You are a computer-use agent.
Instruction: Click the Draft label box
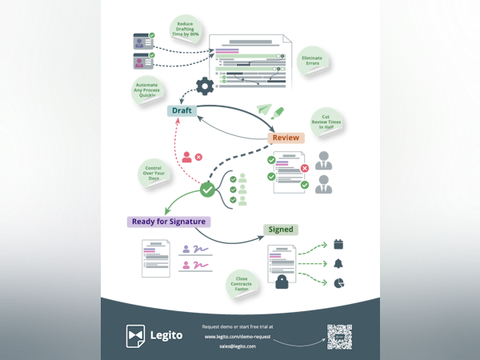pyautogui.click(x=182, y=110)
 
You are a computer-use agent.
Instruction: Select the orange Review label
pyautogui.click(x=286, y=138)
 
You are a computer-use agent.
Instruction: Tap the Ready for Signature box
pyautogui.click(x=168, y=222)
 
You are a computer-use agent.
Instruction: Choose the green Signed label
pyautogui.click(x=281, y=230)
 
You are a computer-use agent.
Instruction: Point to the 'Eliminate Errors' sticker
pyautogui.click(x=312, y=60)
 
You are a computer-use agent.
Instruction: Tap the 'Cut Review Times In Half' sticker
pyautogui.click(x=326, y=121)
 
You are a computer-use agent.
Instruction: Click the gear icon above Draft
pyautogui.click(x=206, y=86)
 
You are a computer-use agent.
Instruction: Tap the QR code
pyautogui.click(x=341, y=337)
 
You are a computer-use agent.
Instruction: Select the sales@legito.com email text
pyautogui.click(x=238, y=346)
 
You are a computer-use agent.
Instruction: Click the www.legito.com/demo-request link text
pyautogui.click(x=238, y=336)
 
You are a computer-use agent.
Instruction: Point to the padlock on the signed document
pyautogui.click(x=282, y=282)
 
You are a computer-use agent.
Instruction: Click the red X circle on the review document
pyautogui.click(x=305, y=168)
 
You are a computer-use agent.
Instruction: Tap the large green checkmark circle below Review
pyautogui.click(x=207, y=190)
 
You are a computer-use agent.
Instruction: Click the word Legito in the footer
pyautogui.click(x=166, y=336)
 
